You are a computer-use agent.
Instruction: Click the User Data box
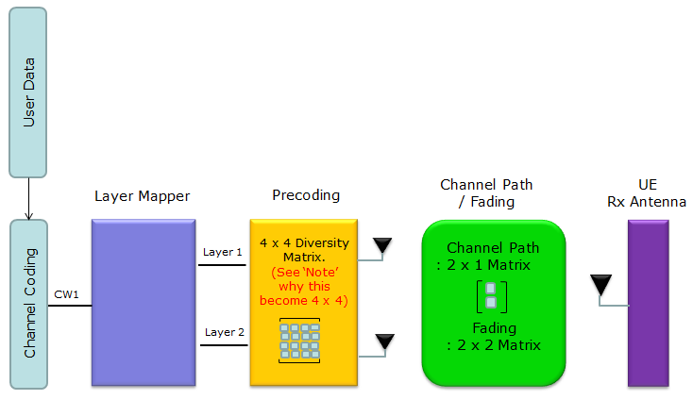(27, 92)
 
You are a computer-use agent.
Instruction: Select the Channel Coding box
(28, 304)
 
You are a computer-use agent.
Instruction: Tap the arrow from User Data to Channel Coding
(28, 199)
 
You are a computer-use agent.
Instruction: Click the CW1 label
(66, 294)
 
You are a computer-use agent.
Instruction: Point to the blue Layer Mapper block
(144, 303)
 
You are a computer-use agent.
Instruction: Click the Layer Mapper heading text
(143, 196)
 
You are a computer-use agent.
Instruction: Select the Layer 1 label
(222, 252)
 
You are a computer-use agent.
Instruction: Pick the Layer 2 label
(225, 332)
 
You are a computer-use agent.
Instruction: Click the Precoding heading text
(306, 195)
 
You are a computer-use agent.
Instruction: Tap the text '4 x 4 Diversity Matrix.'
(305, 250)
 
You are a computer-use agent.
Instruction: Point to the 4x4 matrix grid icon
(299, 341)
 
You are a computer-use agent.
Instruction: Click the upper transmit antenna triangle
(382, 245)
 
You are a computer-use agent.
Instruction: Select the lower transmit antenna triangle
(385, 342)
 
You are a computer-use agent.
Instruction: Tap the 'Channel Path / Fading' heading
(486, 193)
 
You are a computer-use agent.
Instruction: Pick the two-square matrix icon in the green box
(492, 296)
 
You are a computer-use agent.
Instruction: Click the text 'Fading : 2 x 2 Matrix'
(494, 337)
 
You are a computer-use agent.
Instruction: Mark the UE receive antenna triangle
(601, 284)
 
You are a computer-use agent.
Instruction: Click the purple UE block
(649, 304)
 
